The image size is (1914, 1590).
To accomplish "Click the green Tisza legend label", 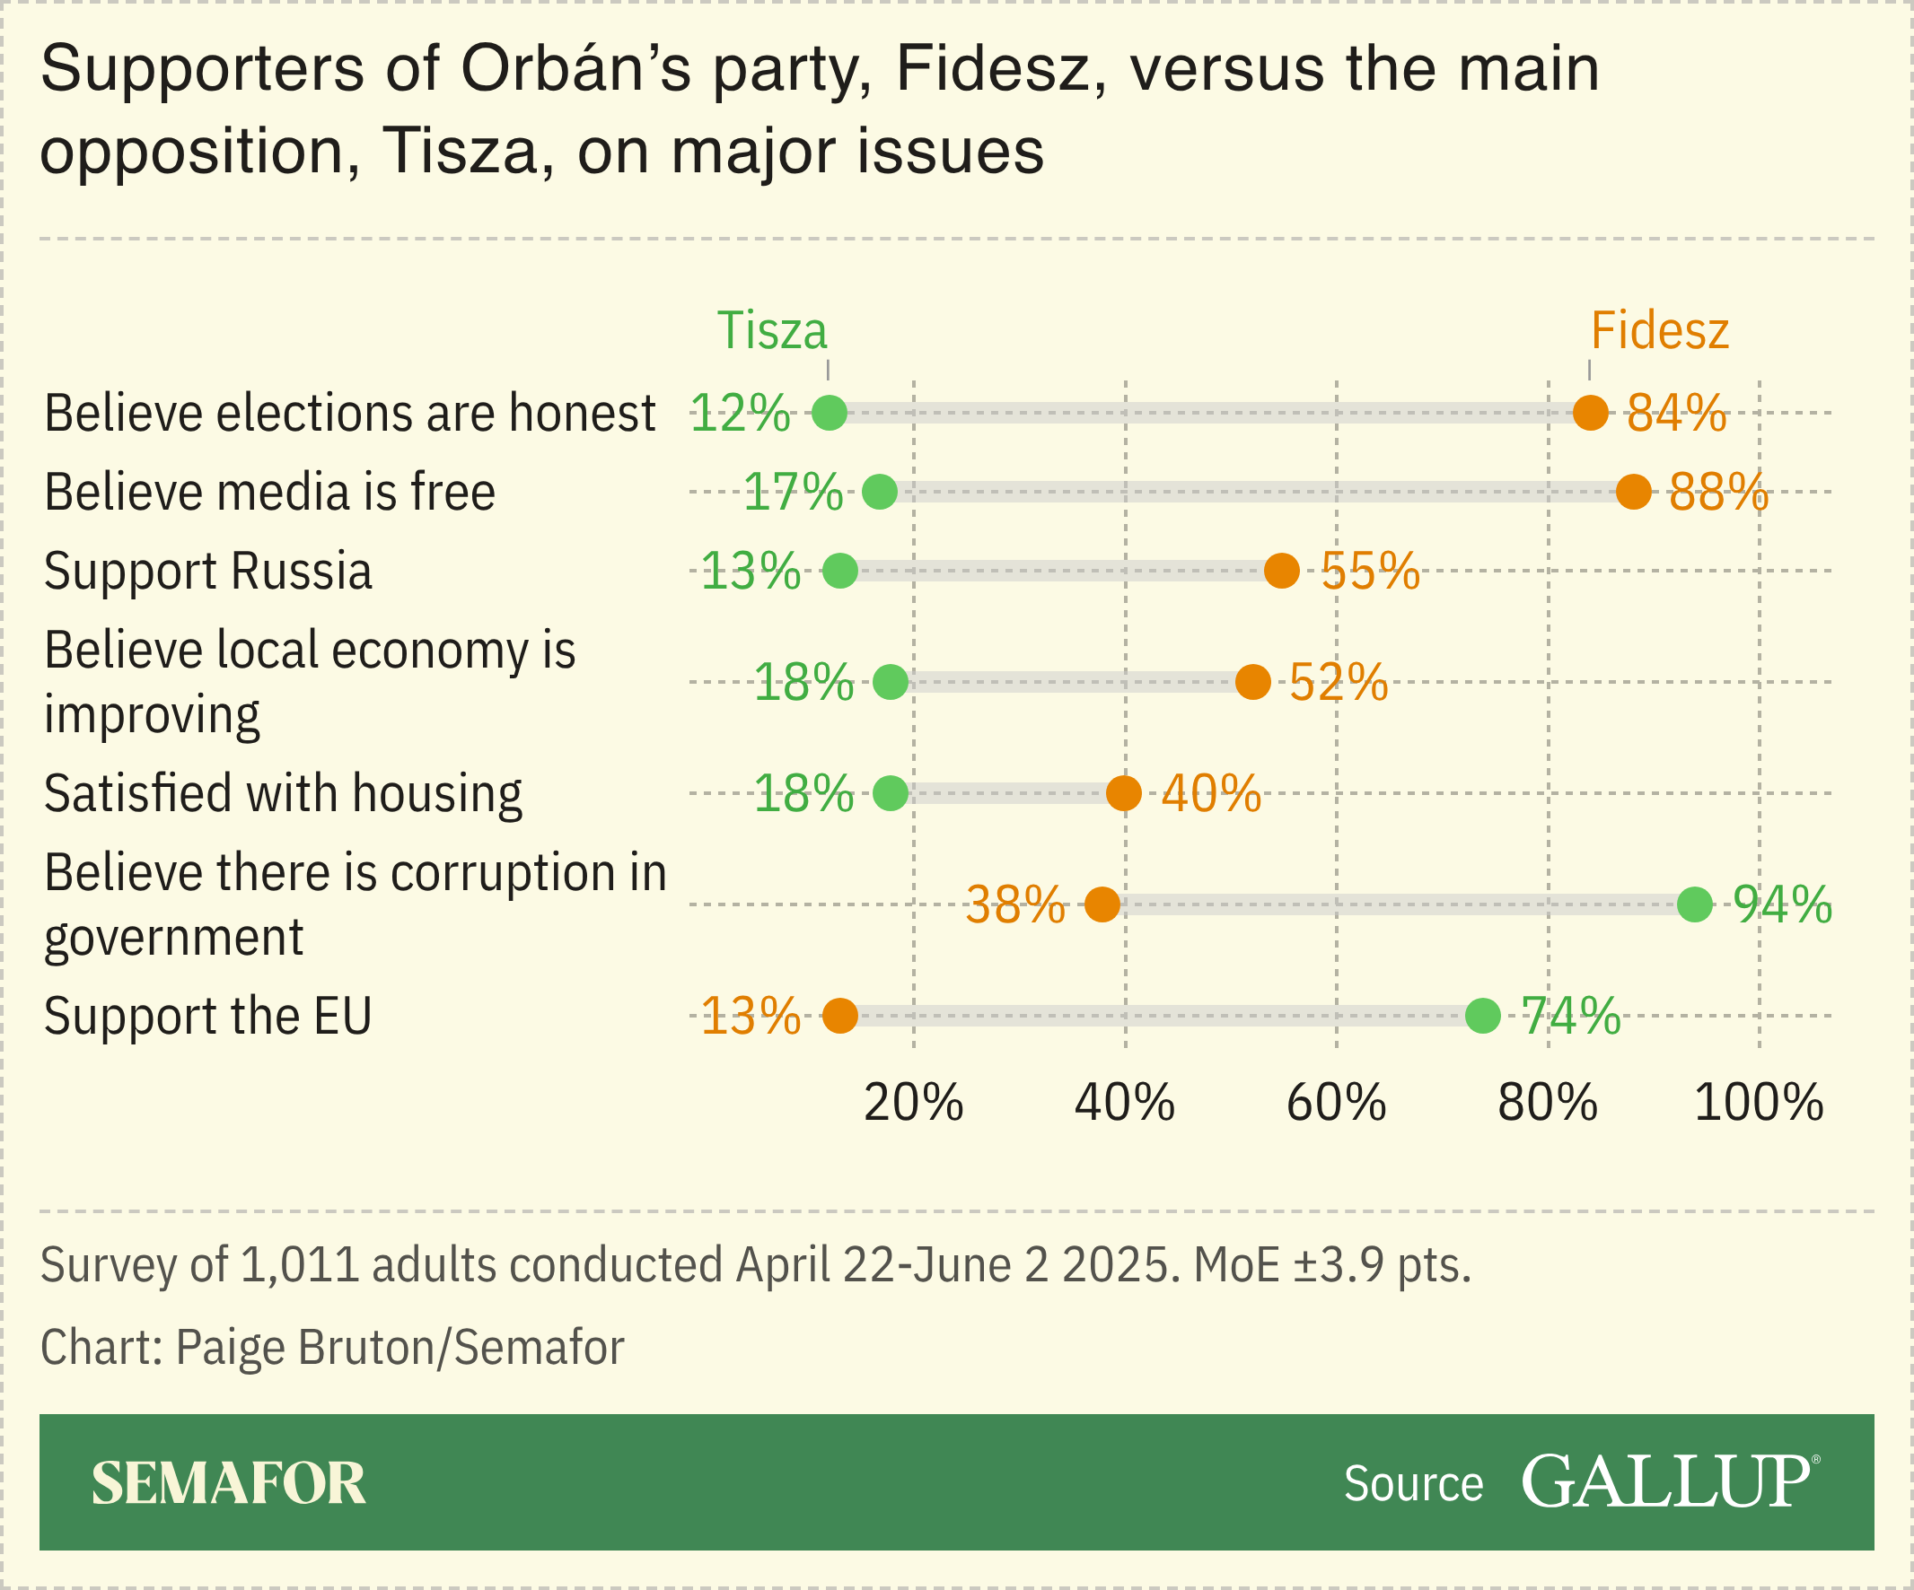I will click(771, 331).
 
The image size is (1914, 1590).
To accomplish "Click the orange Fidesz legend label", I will click(1659, 331).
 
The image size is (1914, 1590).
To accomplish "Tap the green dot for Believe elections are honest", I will click(830, 413).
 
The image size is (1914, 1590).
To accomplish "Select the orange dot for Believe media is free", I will click(1633, 492).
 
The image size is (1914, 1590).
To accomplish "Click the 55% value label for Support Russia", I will click(1369, 572).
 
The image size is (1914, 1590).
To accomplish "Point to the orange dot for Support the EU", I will click(839, 1015).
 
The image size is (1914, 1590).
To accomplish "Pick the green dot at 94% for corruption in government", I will click(1694, 904).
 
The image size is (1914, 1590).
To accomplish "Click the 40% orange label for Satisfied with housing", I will click(1210, 793).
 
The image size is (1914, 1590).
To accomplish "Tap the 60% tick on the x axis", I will click(1336, 1104).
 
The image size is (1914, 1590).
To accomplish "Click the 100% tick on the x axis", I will click(1758, 1104).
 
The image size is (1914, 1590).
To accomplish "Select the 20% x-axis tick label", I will click(913, 1104).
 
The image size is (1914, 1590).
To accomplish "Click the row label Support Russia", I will click(207, 572).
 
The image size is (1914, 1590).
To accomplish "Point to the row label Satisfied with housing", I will click(283, 793).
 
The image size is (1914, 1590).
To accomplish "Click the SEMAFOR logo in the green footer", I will click(228, 1483).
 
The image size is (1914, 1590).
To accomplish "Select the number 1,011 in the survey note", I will click(299, 1264).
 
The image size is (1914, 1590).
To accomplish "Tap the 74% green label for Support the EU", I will click(1569, 1015).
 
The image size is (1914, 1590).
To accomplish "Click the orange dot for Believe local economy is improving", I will click(1252, 682).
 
